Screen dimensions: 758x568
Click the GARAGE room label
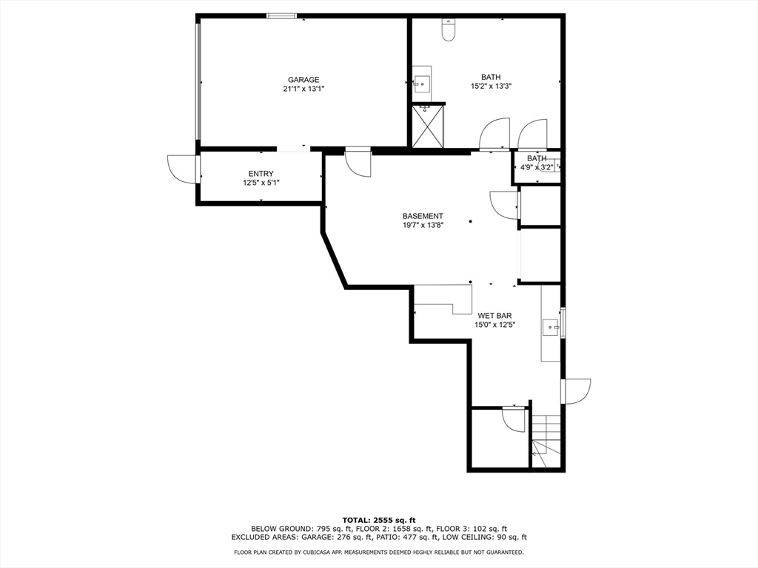click(303, 80)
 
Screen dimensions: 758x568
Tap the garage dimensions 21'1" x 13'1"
click(303, 89)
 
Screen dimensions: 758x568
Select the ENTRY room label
click(261, 174)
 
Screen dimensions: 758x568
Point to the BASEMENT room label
click(423, 217)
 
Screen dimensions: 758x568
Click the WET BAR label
click(495, 316)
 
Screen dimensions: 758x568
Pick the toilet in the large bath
click(449, 29)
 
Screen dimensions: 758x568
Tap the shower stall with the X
click(428, 126)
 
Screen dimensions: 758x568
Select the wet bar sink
click(551, 327)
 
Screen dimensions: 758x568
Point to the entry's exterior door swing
click(181, 169)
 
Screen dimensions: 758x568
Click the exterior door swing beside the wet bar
click(576, 391)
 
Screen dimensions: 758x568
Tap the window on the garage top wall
click(282, 16)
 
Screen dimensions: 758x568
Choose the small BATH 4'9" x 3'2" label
click(537, 163)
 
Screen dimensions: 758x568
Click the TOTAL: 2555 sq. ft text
click(379, 520)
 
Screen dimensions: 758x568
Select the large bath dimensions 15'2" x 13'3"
click(492, 87)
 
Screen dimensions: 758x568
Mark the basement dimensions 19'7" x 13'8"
click(423, 225)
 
